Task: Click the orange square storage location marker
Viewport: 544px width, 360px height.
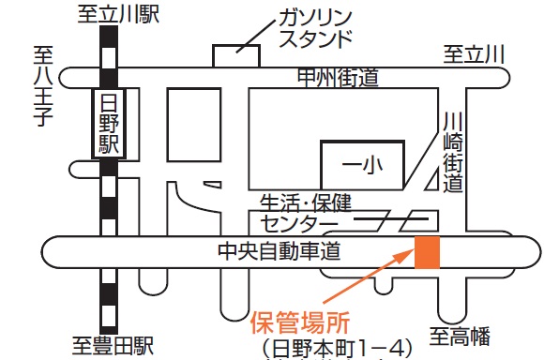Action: point(428,252)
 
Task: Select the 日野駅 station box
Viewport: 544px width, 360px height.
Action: point(111,124)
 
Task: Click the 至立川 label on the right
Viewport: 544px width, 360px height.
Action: point(475,54)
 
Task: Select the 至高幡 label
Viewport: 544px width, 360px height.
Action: point(460,333)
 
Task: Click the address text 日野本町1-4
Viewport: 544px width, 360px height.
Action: point(338,349)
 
